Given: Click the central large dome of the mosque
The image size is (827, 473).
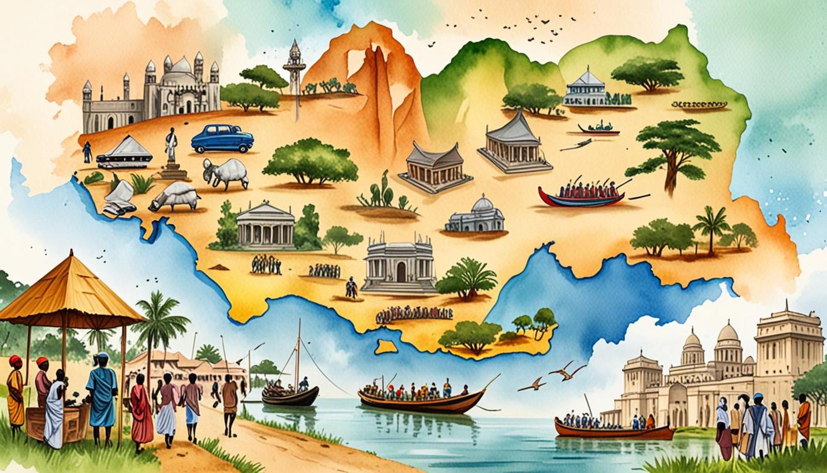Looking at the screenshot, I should point(181,67).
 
